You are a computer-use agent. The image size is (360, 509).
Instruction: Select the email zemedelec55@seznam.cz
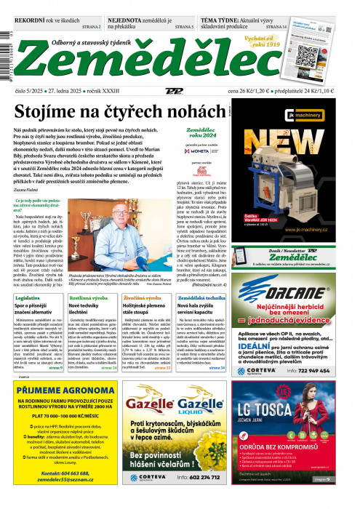[x=60, y=497]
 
